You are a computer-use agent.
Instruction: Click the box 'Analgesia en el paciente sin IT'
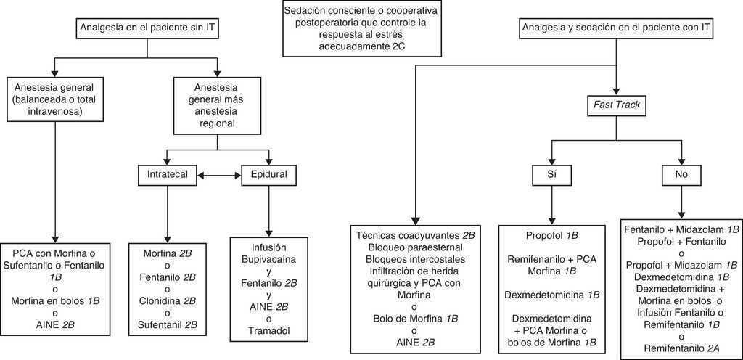pos(147,28)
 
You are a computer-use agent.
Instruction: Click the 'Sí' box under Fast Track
pos(552,175)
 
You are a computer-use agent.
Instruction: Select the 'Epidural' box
pos(270,175)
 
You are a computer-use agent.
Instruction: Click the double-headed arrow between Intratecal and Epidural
pos(218,175)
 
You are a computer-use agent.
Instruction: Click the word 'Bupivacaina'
pos(270,259)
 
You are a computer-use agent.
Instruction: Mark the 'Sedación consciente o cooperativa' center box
pos(361,29)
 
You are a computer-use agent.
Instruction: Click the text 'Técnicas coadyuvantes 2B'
pos(416,236)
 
